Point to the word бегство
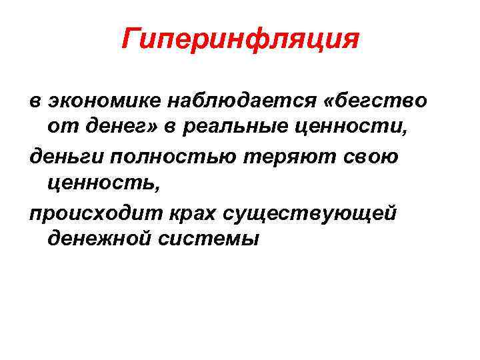click(x=383, y=101)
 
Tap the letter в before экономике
click(x=35, y=102)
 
